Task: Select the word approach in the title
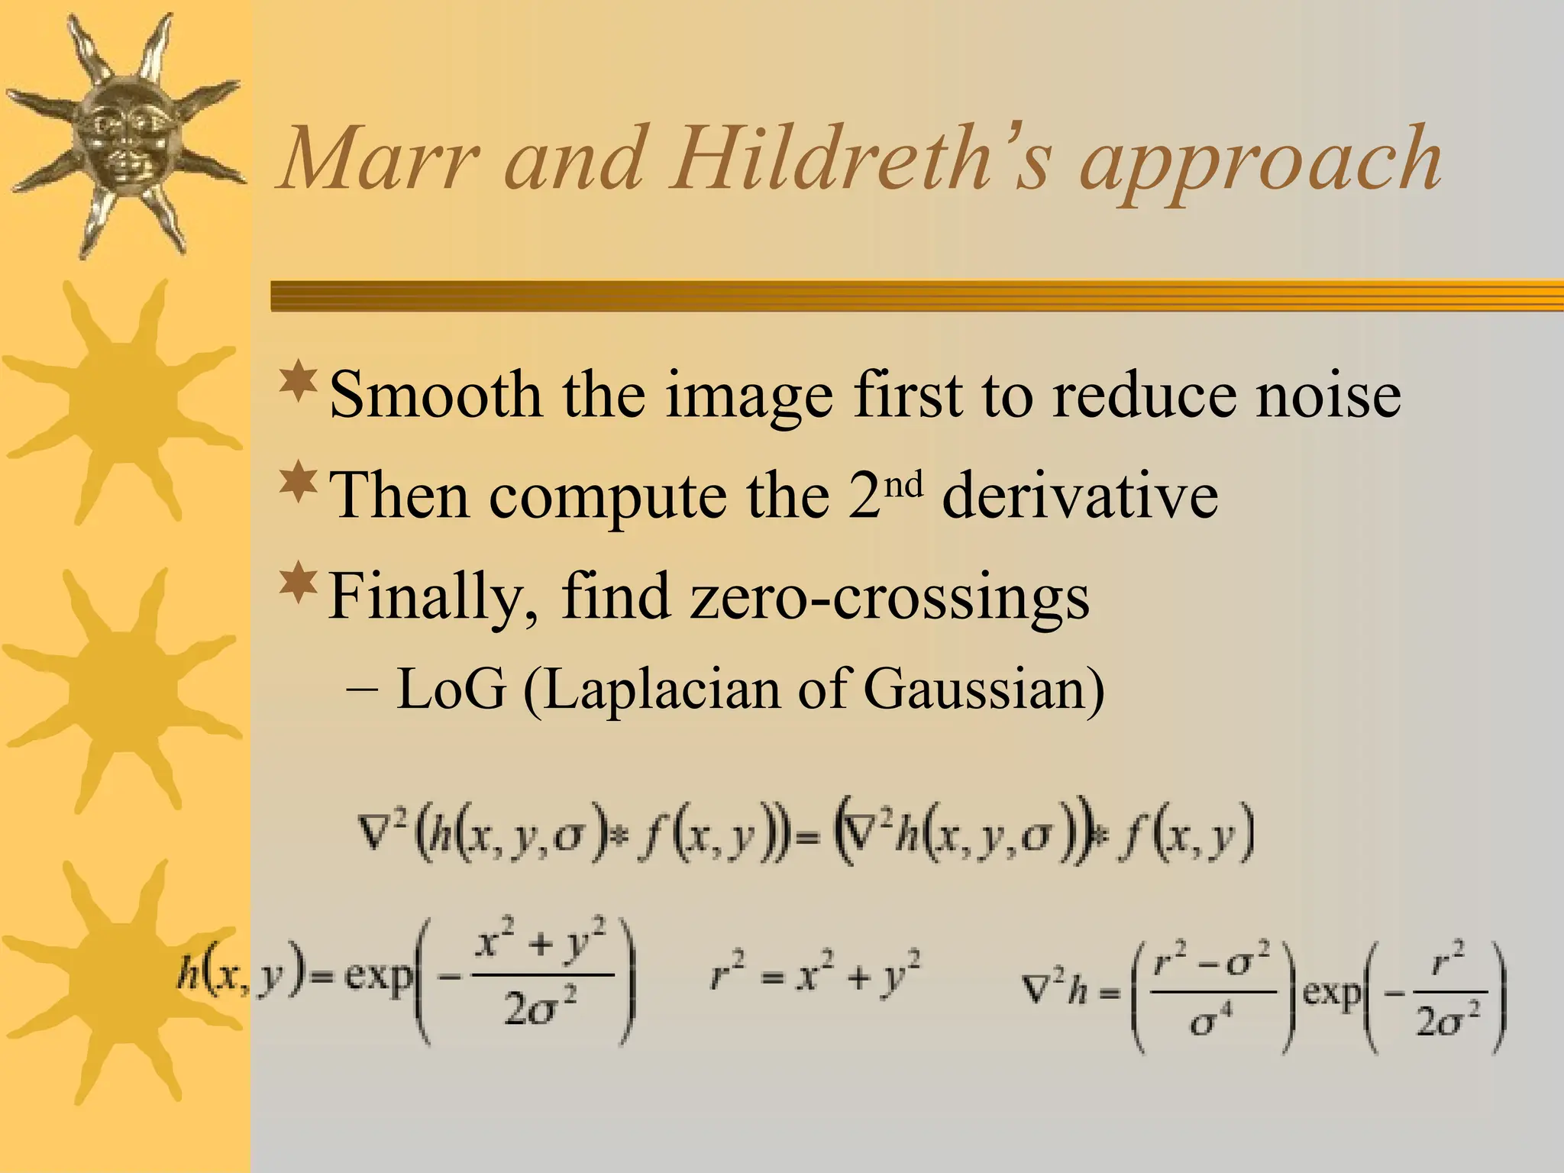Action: (x=1260, y=164)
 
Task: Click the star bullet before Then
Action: (x=298, y=483)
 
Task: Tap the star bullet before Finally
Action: (x=298, y=583)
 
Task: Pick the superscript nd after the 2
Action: (x=906, y=483)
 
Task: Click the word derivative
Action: (x=1080, y=496)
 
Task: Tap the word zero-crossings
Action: (x=889, y=598)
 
